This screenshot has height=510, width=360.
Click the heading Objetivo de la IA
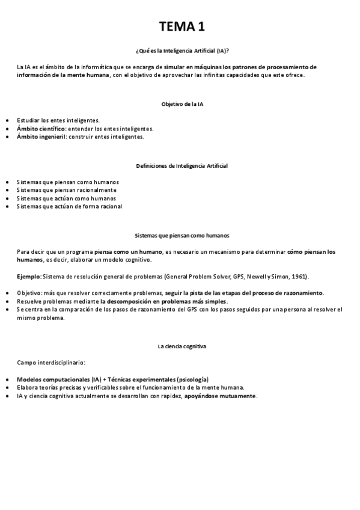pyautogui.click(x=182, y=104)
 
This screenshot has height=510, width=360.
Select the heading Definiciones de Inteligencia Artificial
pyautogui.click(x=182, y=165)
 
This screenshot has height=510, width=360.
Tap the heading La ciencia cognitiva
pyautogui.click(x=182, y=347)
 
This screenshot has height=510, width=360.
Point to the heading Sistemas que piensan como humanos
pyautogui.click(x=182, y=236)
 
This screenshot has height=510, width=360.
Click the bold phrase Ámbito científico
pyautogui.click(x=41, y=129)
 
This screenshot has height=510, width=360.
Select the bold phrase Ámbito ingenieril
pyautogui.click(x=41, y=137)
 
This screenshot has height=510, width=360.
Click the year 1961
pyautogui.click(x=299, y=276)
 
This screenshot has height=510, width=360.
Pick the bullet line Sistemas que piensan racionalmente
pyautogui.click(x=67, y=190)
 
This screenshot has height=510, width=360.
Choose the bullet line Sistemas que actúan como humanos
pyautogui.click(x=67, y=198)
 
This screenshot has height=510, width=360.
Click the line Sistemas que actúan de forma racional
pyautogui.click(x=69, y=206)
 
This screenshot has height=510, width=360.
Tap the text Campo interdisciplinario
pyautogui.click(x=50, y=363)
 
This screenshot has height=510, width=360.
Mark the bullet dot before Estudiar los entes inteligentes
pyautogui.click(x=7, y=121)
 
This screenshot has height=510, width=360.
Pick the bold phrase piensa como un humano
pyautogui.click(x=129, y=251)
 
